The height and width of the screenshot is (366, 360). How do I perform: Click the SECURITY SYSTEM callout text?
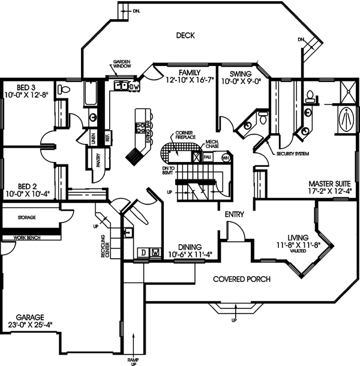293,154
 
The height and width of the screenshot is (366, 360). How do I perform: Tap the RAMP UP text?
133,360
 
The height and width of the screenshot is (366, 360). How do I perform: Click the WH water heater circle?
226,158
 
